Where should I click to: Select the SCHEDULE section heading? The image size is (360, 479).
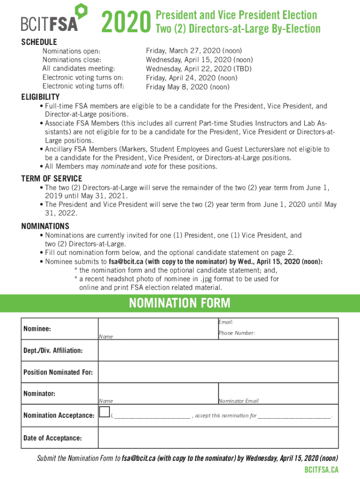click(39, 42)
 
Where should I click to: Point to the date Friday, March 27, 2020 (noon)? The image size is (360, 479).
click(194, 51)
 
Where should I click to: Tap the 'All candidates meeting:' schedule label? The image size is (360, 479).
click(77, 68)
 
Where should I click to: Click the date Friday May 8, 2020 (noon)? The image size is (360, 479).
click(187, 87)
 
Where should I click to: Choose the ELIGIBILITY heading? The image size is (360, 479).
click(41, 97)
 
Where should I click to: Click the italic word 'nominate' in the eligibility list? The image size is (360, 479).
click(115, 167)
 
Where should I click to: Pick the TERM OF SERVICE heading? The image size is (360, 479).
click(51, 178)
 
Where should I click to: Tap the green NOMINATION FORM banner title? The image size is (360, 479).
click(180, 303)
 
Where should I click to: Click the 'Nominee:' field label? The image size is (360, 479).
click(37, 328)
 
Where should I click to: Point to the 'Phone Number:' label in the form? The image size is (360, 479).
click(237, 333)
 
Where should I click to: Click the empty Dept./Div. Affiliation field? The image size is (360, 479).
click(218, 350)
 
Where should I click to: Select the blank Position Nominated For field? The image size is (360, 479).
click(218, 372)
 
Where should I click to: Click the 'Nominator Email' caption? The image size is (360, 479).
click(238, 401)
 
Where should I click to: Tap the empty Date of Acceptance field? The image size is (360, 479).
click(218, 438)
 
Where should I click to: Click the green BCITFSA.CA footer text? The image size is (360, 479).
click(321, 470)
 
